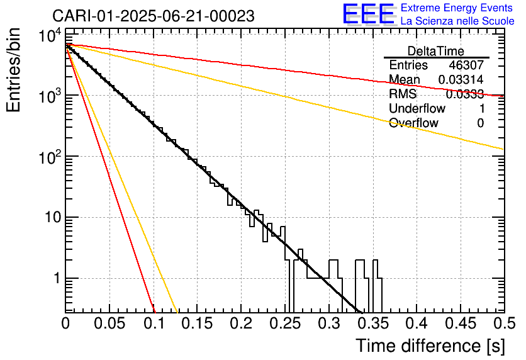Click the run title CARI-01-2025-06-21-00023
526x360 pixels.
coord(154,16)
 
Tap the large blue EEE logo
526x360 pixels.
coord(368,14)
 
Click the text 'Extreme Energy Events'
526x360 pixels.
coord(457,8)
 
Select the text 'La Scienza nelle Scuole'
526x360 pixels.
coord(457,21)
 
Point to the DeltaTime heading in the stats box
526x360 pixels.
coord(436,51)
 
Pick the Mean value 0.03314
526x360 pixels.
coord(461,80)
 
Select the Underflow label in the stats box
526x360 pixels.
coord(417,109)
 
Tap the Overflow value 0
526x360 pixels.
coord(480,123)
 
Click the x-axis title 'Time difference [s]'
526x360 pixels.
coord(430,346)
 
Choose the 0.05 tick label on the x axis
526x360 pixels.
coord(110,323)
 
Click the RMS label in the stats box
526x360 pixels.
coord(403,94)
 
